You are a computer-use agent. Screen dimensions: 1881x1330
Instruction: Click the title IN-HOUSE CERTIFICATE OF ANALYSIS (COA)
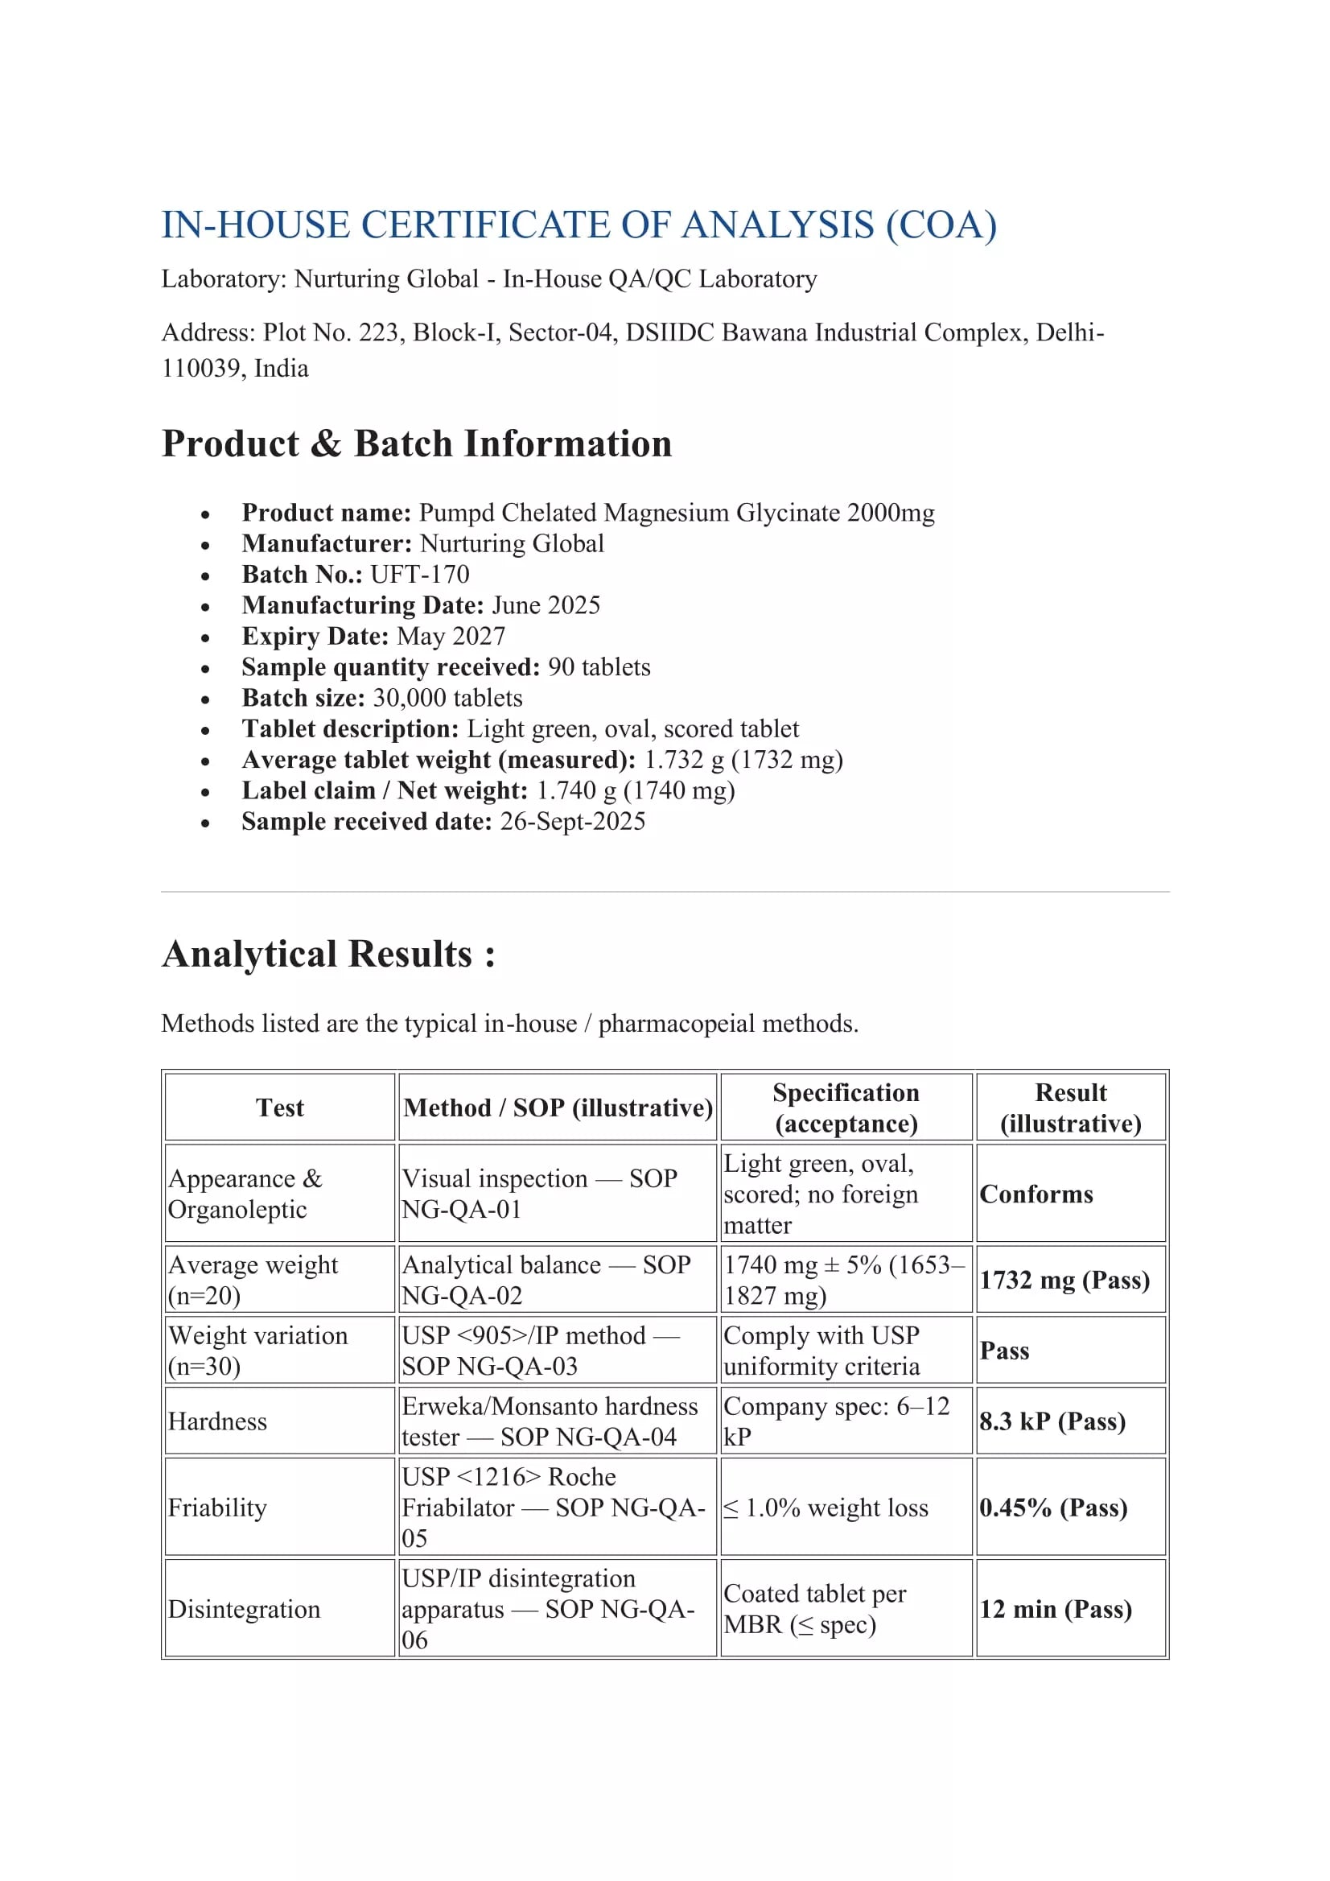click(579, 225)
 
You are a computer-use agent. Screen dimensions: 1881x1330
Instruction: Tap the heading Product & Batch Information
click(417, 444)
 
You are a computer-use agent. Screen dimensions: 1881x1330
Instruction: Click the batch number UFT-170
click(420, 575)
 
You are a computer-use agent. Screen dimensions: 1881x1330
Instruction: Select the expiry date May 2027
click(451, 637)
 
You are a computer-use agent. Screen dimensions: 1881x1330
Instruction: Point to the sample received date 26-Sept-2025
click(572, 822)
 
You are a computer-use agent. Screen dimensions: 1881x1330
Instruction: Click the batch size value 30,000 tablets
click(447, 698)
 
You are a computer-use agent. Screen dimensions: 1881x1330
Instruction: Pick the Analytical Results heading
click(328, 955)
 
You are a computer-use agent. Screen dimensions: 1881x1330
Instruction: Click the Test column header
click(280, 1108)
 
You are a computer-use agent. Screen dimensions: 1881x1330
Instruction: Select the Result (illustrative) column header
click(1070, 1108)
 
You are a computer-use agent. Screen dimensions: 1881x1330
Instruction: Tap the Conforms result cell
click(1036, 1194)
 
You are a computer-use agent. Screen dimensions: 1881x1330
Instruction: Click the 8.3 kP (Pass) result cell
click(1052, 1421)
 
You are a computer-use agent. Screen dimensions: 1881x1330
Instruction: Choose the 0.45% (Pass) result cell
click(1053, 1508)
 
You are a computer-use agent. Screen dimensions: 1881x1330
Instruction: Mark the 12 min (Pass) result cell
click(1056, 1609)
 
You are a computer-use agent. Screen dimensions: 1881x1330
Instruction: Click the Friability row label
click(218, 1508)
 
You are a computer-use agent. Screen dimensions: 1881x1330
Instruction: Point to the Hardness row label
click(218, 1421)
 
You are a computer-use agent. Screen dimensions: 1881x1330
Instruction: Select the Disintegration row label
click(244, 1609)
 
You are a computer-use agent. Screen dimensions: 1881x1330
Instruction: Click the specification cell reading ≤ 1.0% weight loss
click(826, 1508)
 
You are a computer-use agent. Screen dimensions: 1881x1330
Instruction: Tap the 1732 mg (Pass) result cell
click(1064, 1280)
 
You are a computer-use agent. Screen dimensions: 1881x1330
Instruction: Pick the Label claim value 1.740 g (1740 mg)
click(636, 790)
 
